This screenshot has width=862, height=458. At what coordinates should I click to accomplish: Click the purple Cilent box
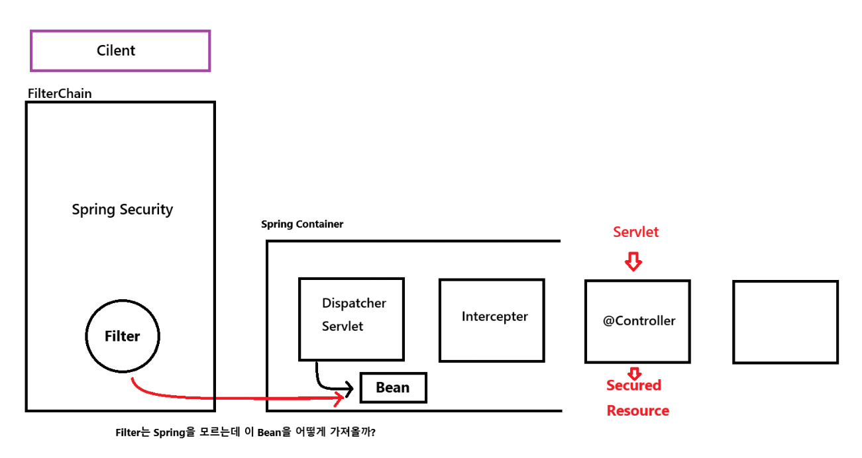pos(120,51)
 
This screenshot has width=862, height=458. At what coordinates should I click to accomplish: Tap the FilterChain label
pos(60,93)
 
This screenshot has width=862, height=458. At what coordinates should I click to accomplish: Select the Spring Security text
pos(122,210)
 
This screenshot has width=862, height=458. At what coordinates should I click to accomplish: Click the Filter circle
pos(123,336)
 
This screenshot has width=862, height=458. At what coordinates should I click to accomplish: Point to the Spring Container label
pos(302,224)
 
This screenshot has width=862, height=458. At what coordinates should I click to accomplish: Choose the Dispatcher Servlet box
pos(351,319)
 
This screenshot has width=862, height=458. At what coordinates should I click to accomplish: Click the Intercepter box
pos(492,320)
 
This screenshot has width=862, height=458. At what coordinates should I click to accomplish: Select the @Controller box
pos(637,321)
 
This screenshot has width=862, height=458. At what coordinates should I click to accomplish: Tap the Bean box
pos(393,388)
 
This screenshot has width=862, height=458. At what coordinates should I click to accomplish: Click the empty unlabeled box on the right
pos(785,322)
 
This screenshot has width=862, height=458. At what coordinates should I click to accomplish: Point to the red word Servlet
pos(635,232)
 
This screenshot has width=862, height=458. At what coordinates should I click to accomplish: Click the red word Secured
pos(633,385)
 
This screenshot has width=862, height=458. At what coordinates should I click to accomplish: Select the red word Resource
pos(637,411)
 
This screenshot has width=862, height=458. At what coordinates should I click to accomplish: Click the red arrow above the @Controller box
pos(634,262)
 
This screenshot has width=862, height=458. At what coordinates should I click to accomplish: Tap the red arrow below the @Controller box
pos(634,373)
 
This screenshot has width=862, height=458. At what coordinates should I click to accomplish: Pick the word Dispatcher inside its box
pos(354,304)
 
